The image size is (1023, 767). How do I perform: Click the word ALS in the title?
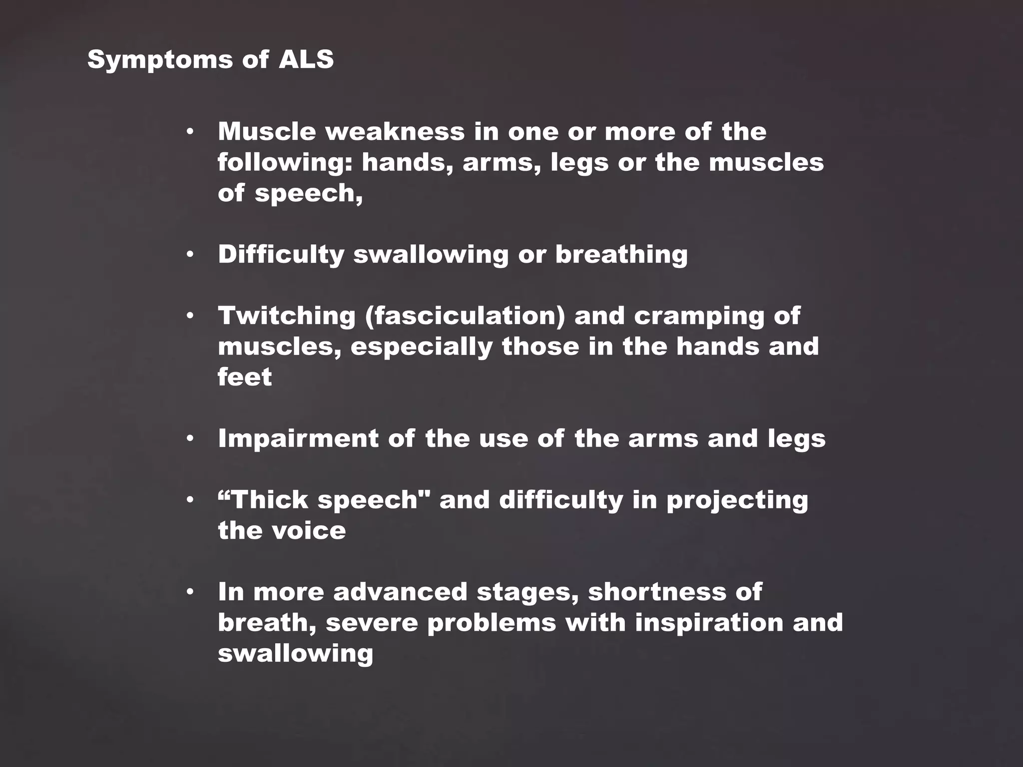(x=306, y=59)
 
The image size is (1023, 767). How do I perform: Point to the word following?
(x=285, y=163)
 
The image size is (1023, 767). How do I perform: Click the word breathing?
(x=621, y=254)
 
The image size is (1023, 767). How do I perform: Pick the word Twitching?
(x=286, y=316)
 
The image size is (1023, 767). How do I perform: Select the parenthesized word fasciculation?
(x=465, y=316)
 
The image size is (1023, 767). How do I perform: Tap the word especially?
(x=422, y=347)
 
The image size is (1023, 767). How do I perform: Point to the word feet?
(x=245, y=377)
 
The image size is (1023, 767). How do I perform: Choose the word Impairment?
(x=298, y=439)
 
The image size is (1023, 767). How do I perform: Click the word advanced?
(x=400, y=592)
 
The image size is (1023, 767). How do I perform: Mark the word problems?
(x=492, y=623)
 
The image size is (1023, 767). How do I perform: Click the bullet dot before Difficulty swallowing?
(x=190, y=255)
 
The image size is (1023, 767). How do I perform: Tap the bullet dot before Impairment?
(x=190, y=439)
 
